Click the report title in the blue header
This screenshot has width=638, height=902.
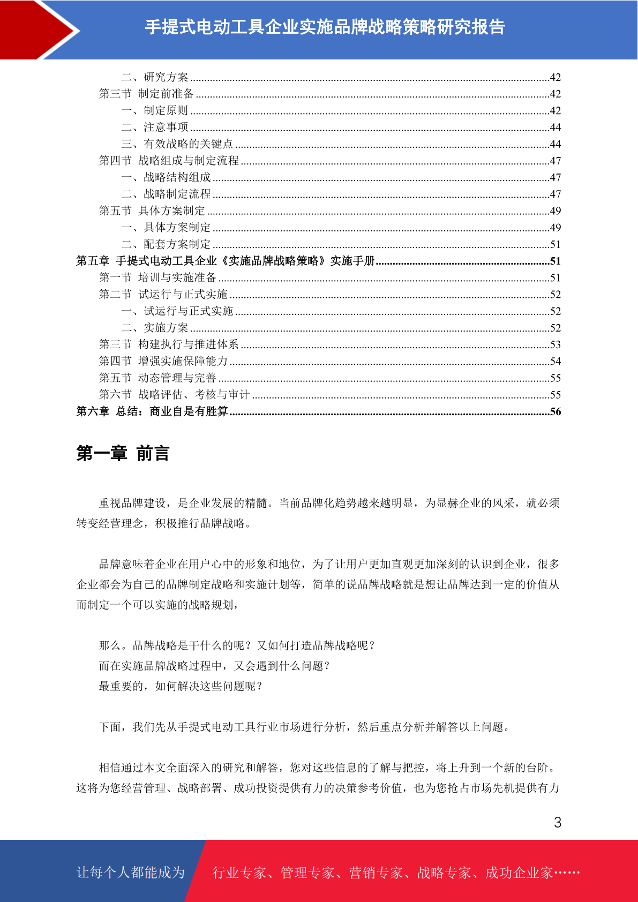[x=325, y=27]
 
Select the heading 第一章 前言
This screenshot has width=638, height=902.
[x=123, y=453]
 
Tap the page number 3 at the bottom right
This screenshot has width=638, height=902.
[x=557, y=822]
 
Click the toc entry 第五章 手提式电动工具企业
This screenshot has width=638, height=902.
[x=225, y=261]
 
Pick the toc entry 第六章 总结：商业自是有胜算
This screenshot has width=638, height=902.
[x=152, y=411]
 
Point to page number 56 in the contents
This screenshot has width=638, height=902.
[x=555, y=411]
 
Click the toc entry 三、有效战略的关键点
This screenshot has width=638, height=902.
[x=177, y=144]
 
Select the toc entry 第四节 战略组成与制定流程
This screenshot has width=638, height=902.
[x=169, y=160]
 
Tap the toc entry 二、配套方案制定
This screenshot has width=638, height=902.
[x=166, y=244]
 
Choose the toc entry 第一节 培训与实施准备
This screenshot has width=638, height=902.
[x=157, y=277]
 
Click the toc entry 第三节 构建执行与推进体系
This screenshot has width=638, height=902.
[x=169, y=344]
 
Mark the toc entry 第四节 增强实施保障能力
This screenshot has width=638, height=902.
[x=163, y=361]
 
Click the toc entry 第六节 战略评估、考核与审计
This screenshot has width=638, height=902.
[x=174, y=395]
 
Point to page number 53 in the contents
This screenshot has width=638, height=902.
[x=555, y=344]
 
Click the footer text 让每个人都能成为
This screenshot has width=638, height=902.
[x=131, y=872]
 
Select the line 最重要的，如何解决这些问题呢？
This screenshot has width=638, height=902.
[x=181, y=686]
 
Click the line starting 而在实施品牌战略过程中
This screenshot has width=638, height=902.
[x=214, y=666]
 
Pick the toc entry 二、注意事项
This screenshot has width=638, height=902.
[x=155, y=127]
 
